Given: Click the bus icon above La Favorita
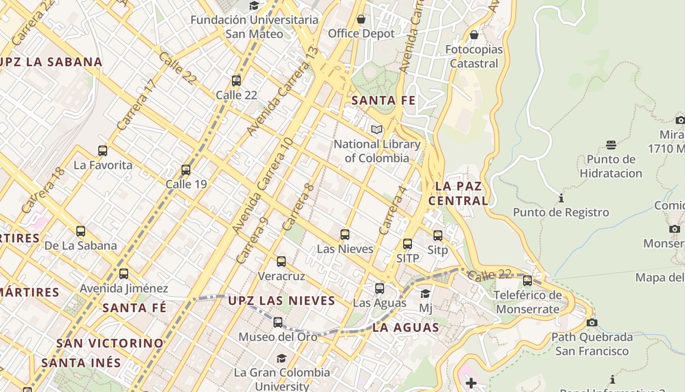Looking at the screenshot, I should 103,151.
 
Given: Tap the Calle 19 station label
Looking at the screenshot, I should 186,184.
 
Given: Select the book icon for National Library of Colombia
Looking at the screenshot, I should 377,130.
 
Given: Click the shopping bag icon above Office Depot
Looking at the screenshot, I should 361,20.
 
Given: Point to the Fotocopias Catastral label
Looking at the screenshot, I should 474,56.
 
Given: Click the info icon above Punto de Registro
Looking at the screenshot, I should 561,198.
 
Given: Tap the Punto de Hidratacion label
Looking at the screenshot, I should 611,166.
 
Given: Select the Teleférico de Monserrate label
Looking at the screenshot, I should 527,302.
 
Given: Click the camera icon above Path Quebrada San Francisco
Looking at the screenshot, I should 592,323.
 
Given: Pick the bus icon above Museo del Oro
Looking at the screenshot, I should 278,322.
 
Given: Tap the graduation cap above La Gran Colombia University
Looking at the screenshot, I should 281,358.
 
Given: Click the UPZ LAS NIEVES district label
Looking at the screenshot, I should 282,300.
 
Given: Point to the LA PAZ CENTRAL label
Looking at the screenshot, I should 458,194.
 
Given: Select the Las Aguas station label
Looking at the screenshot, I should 380,303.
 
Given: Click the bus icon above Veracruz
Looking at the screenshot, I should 281,262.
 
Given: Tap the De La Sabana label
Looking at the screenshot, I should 81,245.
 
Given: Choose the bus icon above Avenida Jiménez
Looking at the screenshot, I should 124,274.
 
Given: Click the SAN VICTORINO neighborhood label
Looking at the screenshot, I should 110,343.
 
